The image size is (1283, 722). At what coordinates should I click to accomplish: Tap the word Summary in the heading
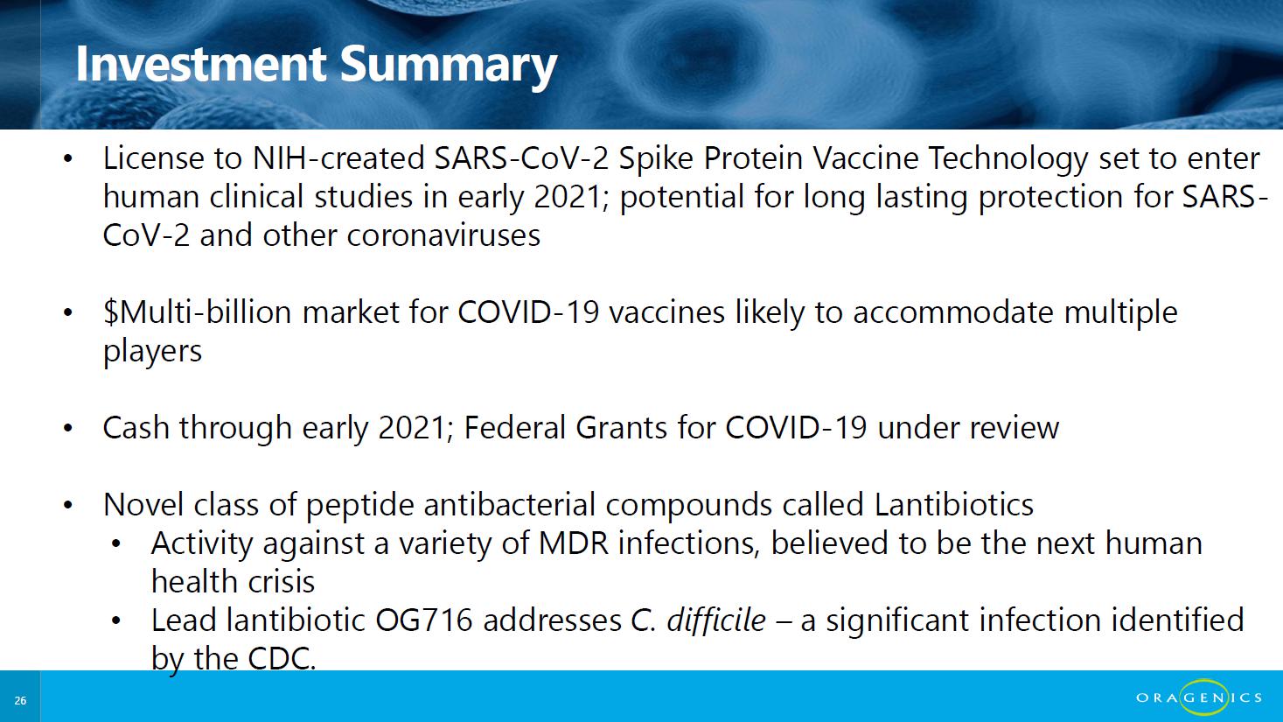coord(449,67)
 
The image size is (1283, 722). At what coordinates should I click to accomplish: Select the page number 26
coord(20,700)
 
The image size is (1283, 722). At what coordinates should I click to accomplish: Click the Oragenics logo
coord(1199,697)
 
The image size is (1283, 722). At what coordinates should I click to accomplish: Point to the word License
coord(153,158)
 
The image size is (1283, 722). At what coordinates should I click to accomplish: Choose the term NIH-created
coord(338,158)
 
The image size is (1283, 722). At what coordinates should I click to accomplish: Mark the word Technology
coord(1008,159)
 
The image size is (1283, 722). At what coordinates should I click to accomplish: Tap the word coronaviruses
coord(443,235)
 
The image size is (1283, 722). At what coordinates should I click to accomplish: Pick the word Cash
coord(136,427)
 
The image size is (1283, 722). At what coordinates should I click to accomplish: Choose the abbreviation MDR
coord(574,543)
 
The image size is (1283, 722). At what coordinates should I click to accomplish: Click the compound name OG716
coord(424,620)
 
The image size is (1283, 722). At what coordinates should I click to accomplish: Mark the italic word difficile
coord(716,620)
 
